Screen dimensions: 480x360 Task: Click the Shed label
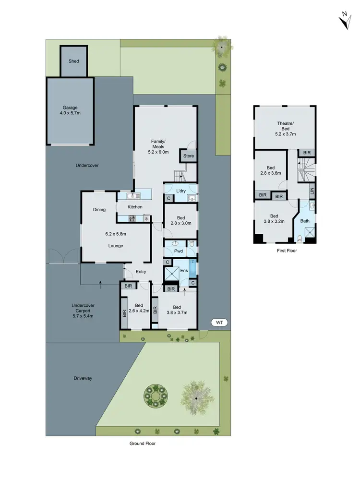73,61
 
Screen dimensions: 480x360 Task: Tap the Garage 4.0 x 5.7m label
70,111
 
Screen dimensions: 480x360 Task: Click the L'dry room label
181,191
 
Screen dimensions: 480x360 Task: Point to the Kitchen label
135,207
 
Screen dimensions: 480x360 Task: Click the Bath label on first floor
305,221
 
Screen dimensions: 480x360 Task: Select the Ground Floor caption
143,444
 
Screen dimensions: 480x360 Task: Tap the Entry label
140,272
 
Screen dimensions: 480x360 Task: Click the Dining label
99,210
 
